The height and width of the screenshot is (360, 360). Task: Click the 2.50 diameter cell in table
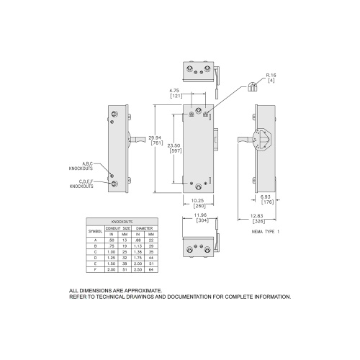140,269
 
